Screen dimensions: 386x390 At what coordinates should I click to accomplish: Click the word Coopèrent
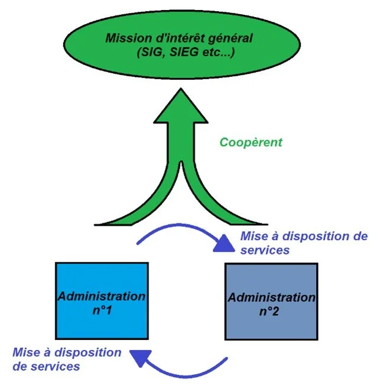coord(251,142)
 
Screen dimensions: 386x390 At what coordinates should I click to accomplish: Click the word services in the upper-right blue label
coord(265,250)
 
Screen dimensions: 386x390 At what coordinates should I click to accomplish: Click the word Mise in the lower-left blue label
coord(25,353)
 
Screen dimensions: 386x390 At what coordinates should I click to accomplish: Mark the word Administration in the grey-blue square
coord(272,297)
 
